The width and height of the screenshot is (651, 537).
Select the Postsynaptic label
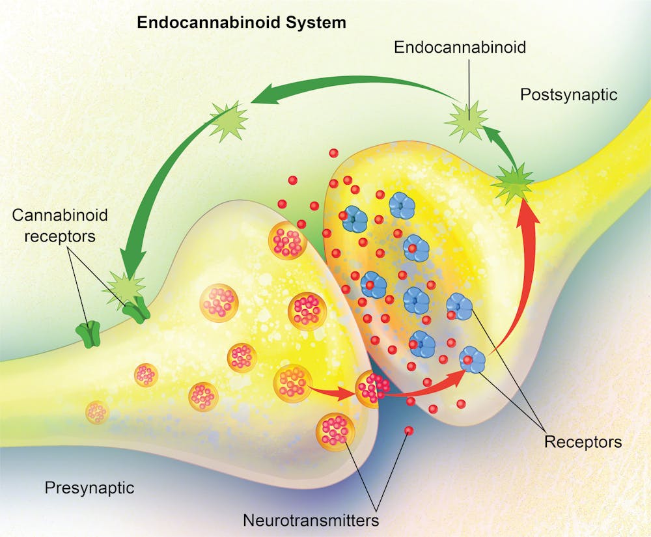pyautogui.click(x=568, y=95)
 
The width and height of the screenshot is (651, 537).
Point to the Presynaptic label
pyautogui.click(x=89, y=488)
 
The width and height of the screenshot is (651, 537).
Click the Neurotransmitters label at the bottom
pyautogui.click(x=311, y=520)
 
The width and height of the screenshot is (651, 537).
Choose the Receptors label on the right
pyautogui.click(x=583, y=443)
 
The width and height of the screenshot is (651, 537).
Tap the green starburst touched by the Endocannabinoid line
pyautogui.click(x=467, y=120)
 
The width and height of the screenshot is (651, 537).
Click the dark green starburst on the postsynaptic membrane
pyautogui.click(x=512, y=183)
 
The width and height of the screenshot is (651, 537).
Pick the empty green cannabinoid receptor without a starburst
pyautogui.click(x=87, y=333)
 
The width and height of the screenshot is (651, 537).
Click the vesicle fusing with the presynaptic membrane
pyautogui.click(x=370, y=389)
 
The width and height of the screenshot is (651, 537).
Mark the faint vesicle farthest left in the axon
pyautogui.click(x=97, y=412)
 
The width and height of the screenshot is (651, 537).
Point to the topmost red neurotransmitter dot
pyautogui.click(x=333, y=153)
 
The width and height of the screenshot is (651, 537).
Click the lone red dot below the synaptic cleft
pyautogui.click(x=409, y=430)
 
